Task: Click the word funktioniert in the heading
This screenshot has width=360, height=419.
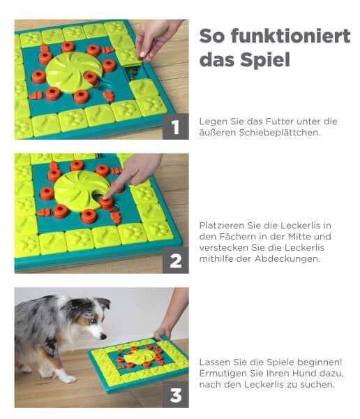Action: pos(290,36)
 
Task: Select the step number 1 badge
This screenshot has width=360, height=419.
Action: pos(175,126)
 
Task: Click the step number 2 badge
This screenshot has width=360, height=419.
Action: pos(175,260)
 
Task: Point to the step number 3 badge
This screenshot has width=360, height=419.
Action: pos(175,395)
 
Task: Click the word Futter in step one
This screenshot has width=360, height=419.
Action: pos(280,122)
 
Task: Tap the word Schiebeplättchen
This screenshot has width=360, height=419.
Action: pos(279,133)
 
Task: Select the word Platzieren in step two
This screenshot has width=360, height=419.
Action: pos(222,226)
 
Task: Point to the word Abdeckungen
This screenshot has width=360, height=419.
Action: pos(287,259)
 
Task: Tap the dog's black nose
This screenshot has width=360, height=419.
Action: pos(103,337)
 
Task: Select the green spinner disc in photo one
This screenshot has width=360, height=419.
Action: pos(74,71)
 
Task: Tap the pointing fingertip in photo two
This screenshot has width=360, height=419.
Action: pos(105,197)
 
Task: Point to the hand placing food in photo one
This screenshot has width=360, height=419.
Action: pos(155,40)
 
